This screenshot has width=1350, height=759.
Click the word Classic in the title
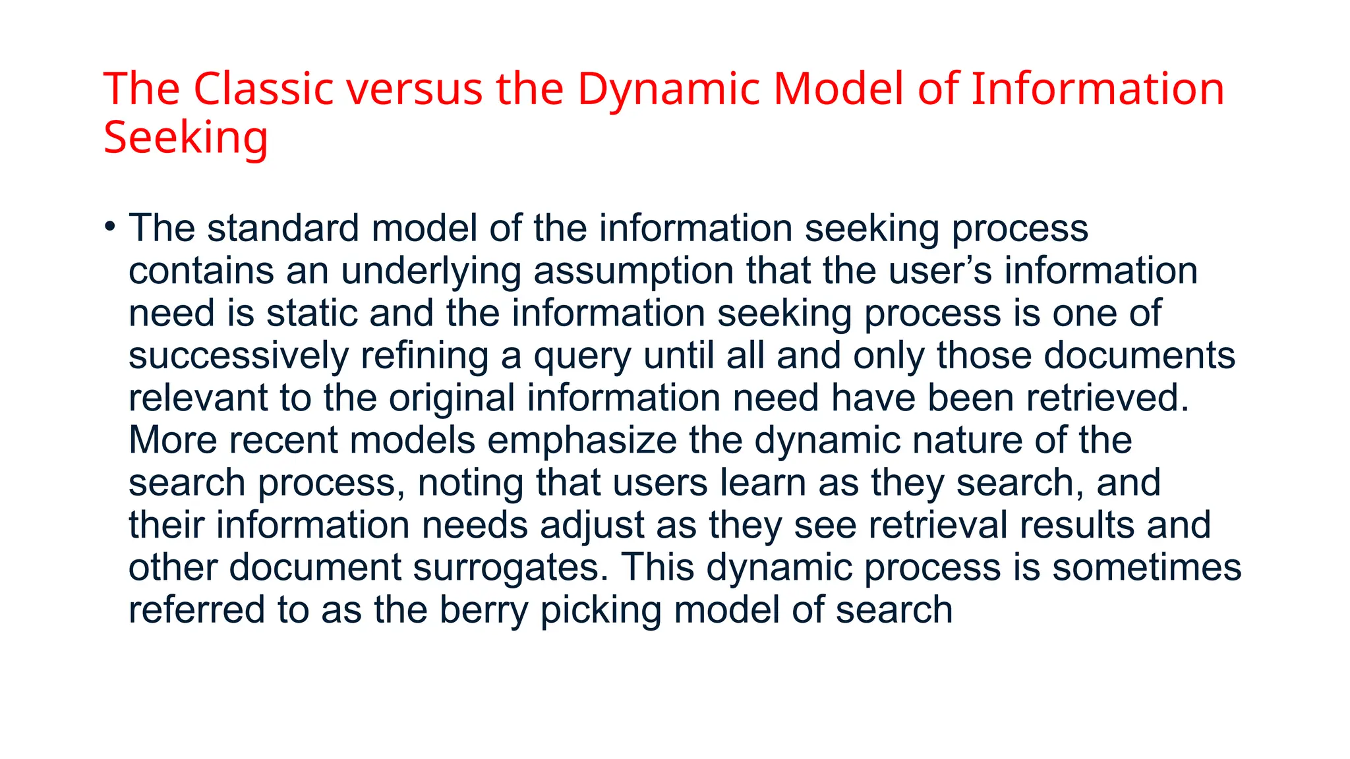(263, 89)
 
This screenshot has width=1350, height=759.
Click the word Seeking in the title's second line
(186, 138)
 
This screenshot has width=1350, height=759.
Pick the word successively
(238, 356)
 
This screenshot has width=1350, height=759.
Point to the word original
(452, 399)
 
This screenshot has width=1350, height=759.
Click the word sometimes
(1146, 568)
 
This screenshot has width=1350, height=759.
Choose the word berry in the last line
(484, 611)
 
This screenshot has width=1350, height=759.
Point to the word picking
(601, 611)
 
